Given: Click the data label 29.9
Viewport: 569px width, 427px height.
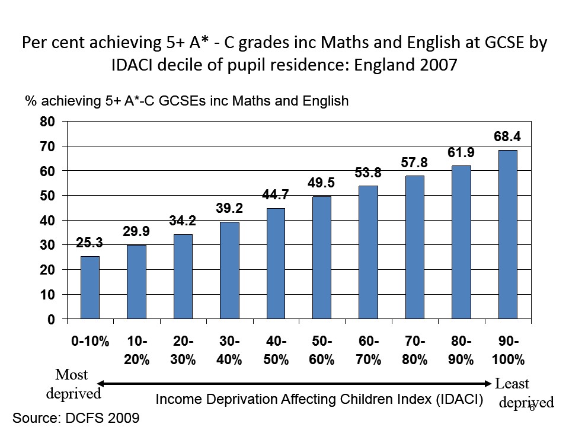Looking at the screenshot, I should (136, 232).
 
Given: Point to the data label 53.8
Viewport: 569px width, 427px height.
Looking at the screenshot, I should (368, 173).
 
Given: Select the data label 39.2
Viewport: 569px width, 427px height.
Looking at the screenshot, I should (229, 209).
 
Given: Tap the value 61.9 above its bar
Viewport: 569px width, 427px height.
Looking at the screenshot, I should (461, 152).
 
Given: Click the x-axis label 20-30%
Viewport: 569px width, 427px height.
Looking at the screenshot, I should (183, 351).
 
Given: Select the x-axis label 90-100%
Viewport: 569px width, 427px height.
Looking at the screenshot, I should (508, 351).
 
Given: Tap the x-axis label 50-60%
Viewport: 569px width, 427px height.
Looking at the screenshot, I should (322, 351).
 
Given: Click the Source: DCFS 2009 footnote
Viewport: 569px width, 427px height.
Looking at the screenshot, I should (76, 418).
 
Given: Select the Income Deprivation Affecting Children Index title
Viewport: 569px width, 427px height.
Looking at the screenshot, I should (319, 399).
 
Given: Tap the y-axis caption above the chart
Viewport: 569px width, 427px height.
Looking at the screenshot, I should (187, 101).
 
